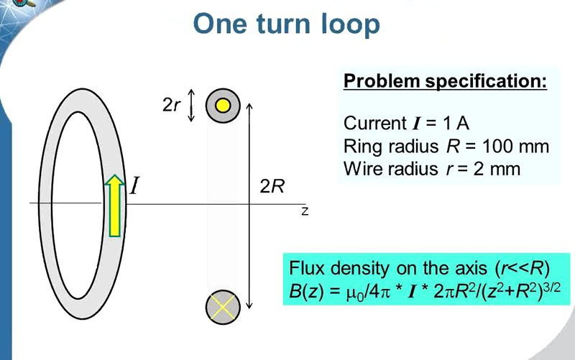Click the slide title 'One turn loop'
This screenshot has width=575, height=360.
point(286,24)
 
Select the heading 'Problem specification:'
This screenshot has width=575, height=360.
point(446,80)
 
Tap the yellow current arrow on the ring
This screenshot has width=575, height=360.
point(114,206)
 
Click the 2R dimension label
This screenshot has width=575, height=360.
point(272,187)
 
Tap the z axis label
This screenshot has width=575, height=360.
point(305,212)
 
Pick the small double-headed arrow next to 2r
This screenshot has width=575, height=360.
point(191,106)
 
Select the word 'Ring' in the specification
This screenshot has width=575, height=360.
point(361,147)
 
